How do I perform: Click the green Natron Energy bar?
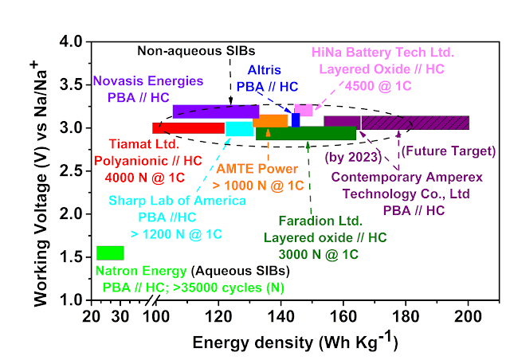pos(110,252)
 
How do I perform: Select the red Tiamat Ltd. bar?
pos(188,128)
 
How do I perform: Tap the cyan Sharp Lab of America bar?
pos(239,129)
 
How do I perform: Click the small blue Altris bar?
pos(296,119)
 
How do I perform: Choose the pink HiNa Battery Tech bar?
pos(304,109)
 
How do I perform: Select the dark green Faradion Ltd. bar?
pos(306,134)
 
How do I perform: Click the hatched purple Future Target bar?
pos(414,122)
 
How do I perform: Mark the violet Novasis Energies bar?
pos(215,111)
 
